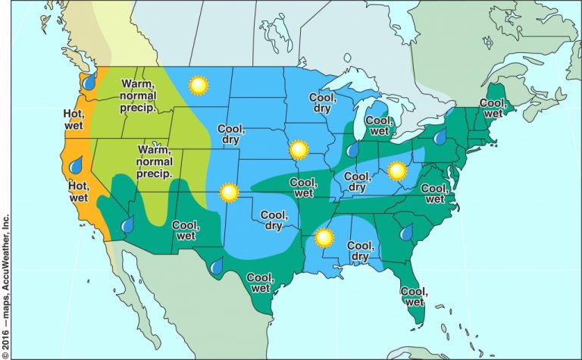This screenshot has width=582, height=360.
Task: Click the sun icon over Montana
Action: pyautogui.click(x=199, y=86)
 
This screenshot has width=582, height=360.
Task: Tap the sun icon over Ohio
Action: pyautogui.click(x=397, y=171)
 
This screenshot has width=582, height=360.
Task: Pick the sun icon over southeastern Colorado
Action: pyautogui.click(x=228, y=193)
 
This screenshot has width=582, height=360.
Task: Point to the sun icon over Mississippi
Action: pyautogui.click(x=324, y=239)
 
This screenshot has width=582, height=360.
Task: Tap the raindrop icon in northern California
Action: pyautogui.click(x=76, y=164)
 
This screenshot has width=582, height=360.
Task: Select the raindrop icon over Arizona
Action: pyautogui.click(x=128, y=224)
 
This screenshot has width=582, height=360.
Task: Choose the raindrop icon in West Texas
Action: pyautogui.click(x=217, y=266)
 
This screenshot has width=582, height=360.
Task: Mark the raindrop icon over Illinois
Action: pyautogui.click(x=352, y=150)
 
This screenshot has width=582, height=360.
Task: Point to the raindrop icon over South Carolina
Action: pyautogui.click(x=406, y=231)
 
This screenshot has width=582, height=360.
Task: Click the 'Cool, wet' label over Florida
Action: pyautogui.click(x=412, y=296)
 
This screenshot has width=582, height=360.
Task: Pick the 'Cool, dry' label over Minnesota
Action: pyautogui.click(x=322, y=102)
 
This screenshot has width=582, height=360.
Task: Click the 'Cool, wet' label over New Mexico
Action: pyautogui.click(x=186, y=230)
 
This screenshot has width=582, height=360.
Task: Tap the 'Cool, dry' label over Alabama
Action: pyautogui.click(x=360, y=251)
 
